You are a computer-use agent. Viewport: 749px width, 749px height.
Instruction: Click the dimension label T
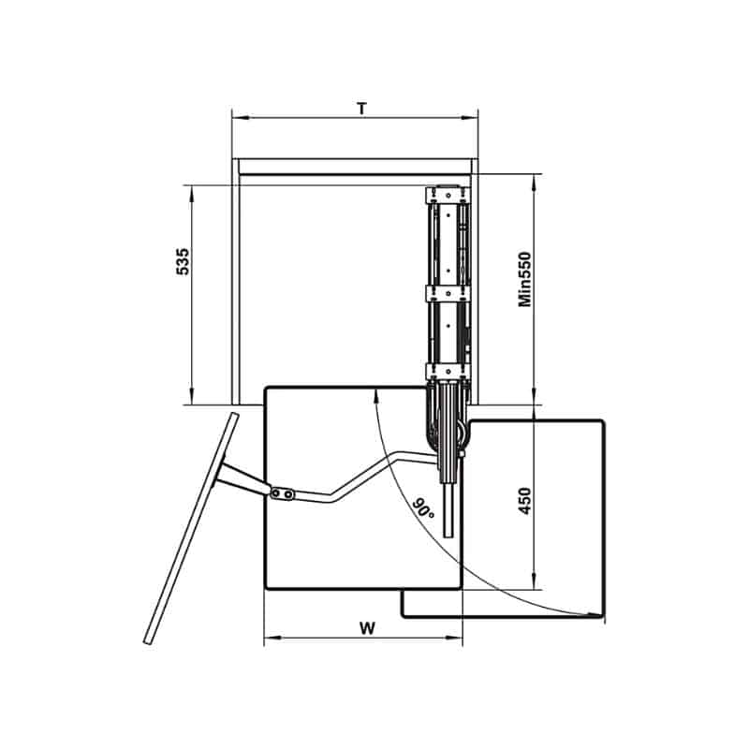click(x=362, y=109)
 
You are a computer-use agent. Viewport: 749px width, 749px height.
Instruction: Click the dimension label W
click(x=367, y=628)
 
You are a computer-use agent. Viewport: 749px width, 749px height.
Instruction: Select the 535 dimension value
click(x=183, y=261)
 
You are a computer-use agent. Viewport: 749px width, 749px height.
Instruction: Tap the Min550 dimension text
click(x=524, y=279)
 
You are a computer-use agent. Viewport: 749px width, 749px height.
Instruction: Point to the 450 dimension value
click(x=524, y=501)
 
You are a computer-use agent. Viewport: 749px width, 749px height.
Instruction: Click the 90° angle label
click(x=423, y=508)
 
